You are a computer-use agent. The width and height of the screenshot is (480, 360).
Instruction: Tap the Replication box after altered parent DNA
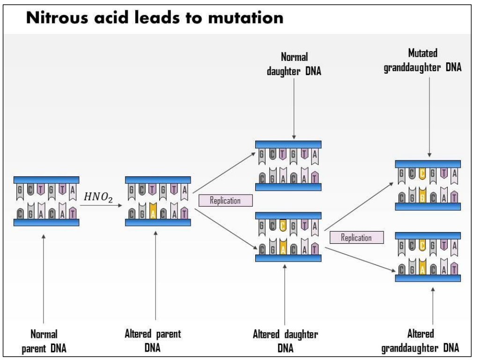point(226,201)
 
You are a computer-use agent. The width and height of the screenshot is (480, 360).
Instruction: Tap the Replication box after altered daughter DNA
point(356,238)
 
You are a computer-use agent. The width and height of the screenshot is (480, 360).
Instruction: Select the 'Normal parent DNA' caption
point(44,340)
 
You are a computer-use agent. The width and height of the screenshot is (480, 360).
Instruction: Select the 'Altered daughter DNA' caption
point(285,340)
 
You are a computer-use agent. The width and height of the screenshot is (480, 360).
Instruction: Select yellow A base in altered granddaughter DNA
point(422,268)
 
